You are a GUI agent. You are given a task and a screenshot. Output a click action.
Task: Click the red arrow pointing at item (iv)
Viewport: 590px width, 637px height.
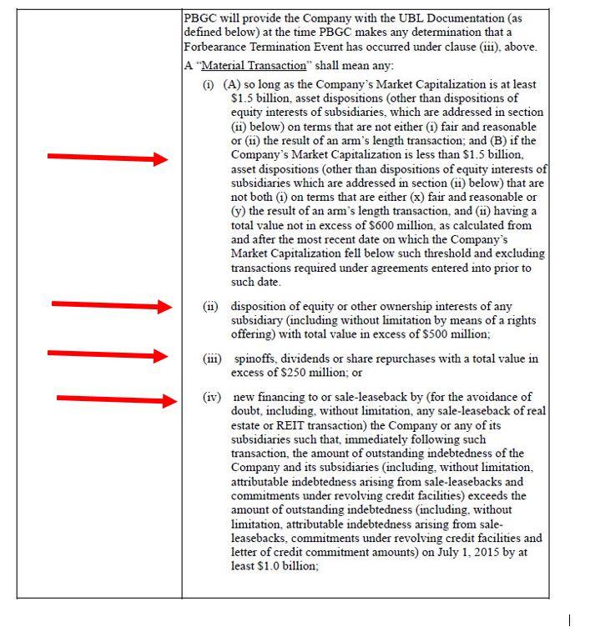click(x=117, y=399)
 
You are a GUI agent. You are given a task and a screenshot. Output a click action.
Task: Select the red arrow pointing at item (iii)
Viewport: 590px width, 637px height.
click(x=108, y=354)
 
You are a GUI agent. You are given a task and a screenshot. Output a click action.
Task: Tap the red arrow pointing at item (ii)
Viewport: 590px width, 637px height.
click(x=112, y=305)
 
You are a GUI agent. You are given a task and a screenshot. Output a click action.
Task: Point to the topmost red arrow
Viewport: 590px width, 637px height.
click(x=108, y=158)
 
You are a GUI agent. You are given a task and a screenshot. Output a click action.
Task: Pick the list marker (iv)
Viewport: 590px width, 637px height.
click(x=212, y=397)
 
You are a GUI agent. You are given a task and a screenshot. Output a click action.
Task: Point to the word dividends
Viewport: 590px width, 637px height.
click(x=315, y=359)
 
